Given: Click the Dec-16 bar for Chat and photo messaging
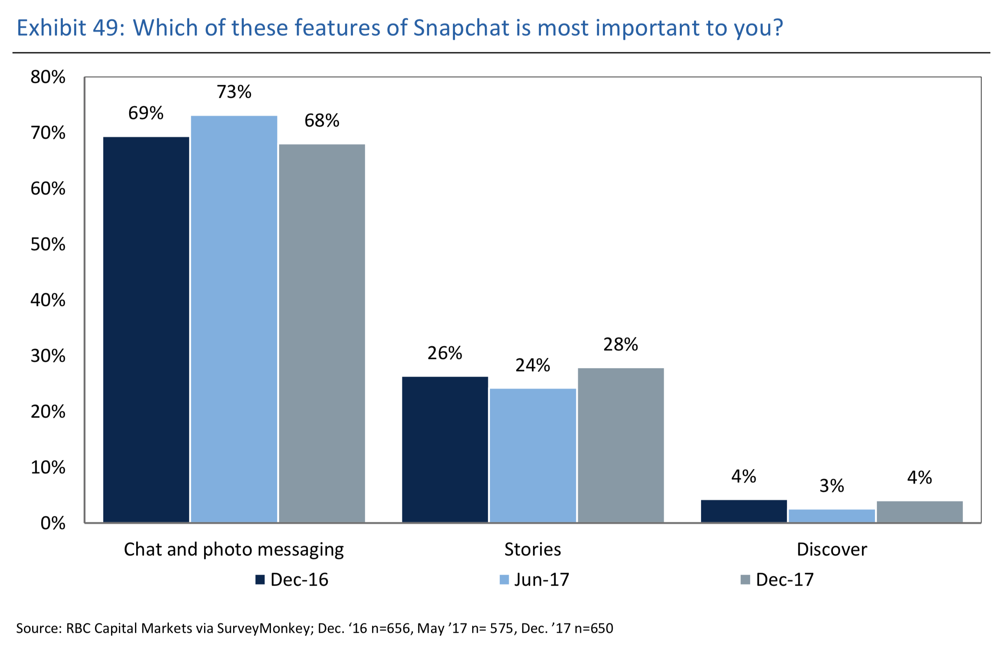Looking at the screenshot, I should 146,329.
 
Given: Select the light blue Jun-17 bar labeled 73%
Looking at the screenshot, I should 234,319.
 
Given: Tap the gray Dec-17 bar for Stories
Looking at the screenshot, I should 620,445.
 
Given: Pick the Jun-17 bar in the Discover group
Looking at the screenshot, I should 831,516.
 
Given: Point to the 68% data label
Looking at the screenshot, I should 321,121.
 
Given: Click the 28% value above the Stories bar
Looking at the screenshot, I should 620,344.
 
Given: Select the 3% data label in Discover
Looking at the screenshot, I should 831,486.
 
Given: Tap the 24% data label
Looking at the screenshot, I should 532,365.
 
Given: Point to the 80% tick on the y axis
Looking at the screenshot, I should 48,77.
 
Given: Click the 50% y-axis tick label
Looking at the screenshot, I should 48,244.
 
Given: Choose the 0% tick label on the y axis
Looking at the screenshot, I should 53,523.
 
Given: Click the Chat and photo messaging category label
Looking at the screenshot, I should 234,550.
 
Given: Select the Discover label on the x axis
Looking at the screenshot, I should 831,550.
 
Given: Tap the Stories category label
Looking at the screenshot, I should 532,550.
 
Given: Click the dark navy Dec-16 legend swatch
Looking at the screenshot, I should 260,580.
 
